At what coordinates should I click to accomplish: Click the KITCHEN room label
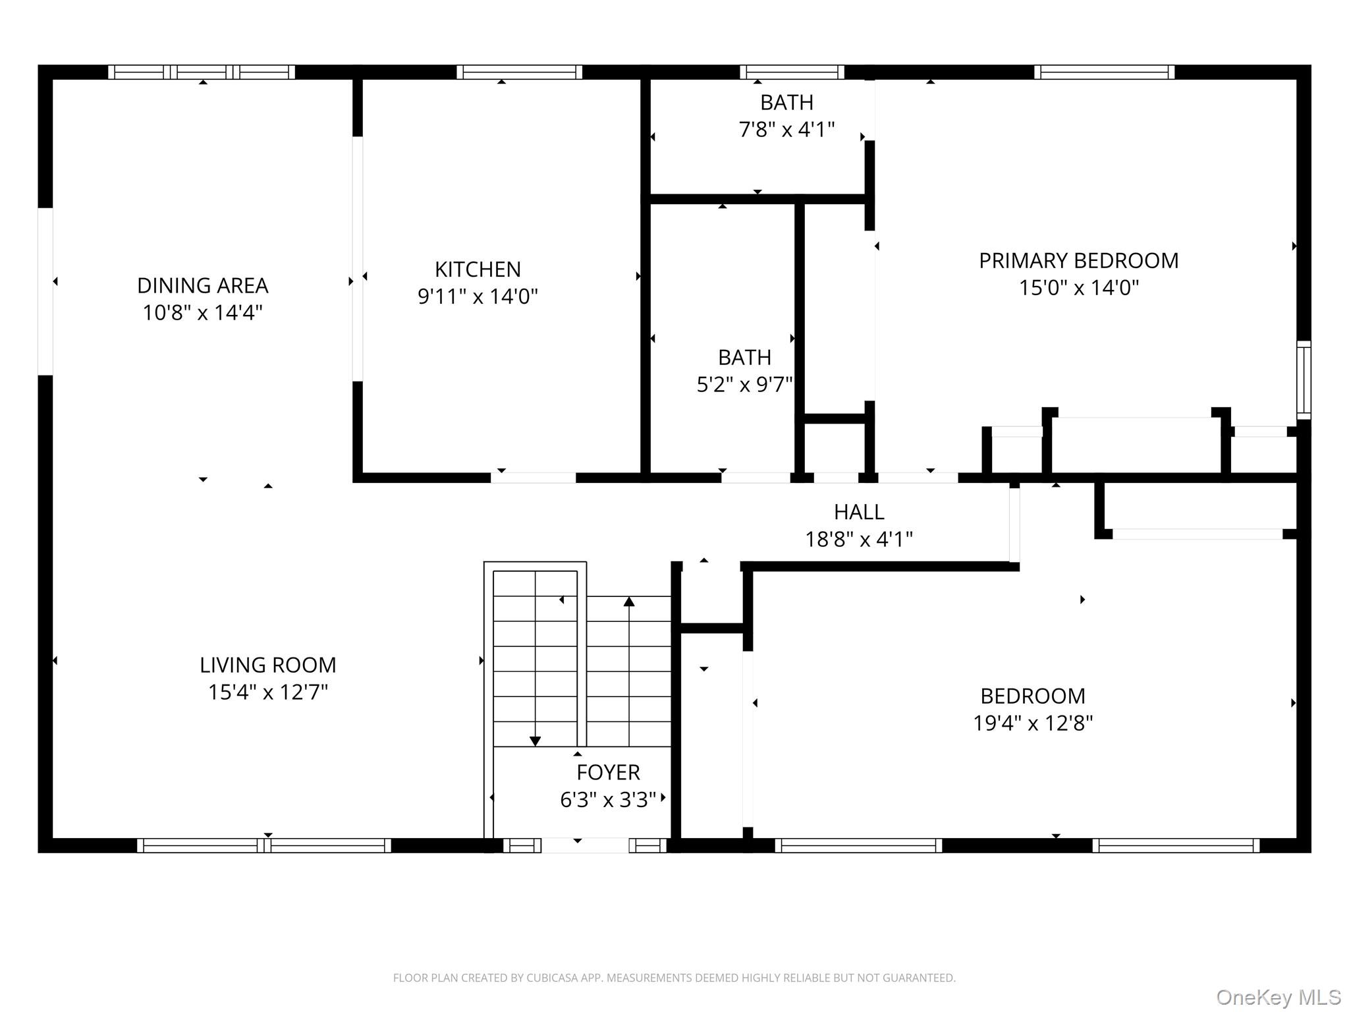[478, 269]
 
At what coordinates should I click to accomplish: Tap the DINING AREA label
[203, 285]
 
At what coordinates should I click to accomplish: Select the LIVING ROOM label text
[268, 665]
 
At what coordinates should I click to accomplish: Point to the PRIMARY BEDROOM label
[1079, 260]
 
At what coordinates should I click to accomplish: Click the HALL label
[859, 512]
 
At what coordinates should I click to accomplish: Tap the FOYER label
[608, 772]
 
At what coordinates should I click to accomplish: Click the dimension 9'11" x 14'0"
[478, 296]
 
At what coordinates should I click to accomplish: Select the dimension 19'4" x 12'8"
[1033, 723]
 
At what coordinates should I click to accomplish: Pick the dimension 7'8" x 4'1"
[786, 130]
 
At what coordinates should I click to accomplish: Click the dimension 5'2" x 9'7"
[744, 384]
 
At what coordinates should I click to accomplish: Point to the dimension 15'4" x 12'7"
[268, 692]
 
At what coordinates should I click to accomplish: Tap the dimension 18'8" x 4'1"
[859, 540]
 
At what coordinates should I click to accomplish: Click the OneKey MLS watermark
[1279, 998]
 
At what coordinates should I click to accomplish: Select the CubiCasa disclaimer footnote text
[674, 978]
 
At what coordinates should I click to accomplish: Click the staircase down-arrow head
[535, 741]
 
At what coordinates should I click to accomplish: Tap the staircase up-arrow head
[629, 602]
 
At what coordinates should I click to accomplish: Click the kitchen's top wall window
[519, 72]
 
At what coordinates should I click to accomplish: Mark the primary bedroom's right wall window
[1304, 379]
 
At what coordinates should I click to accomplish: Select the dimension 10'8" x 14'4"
[203, 312]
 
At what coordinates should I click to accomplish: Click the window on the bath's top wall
[792, 72]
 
